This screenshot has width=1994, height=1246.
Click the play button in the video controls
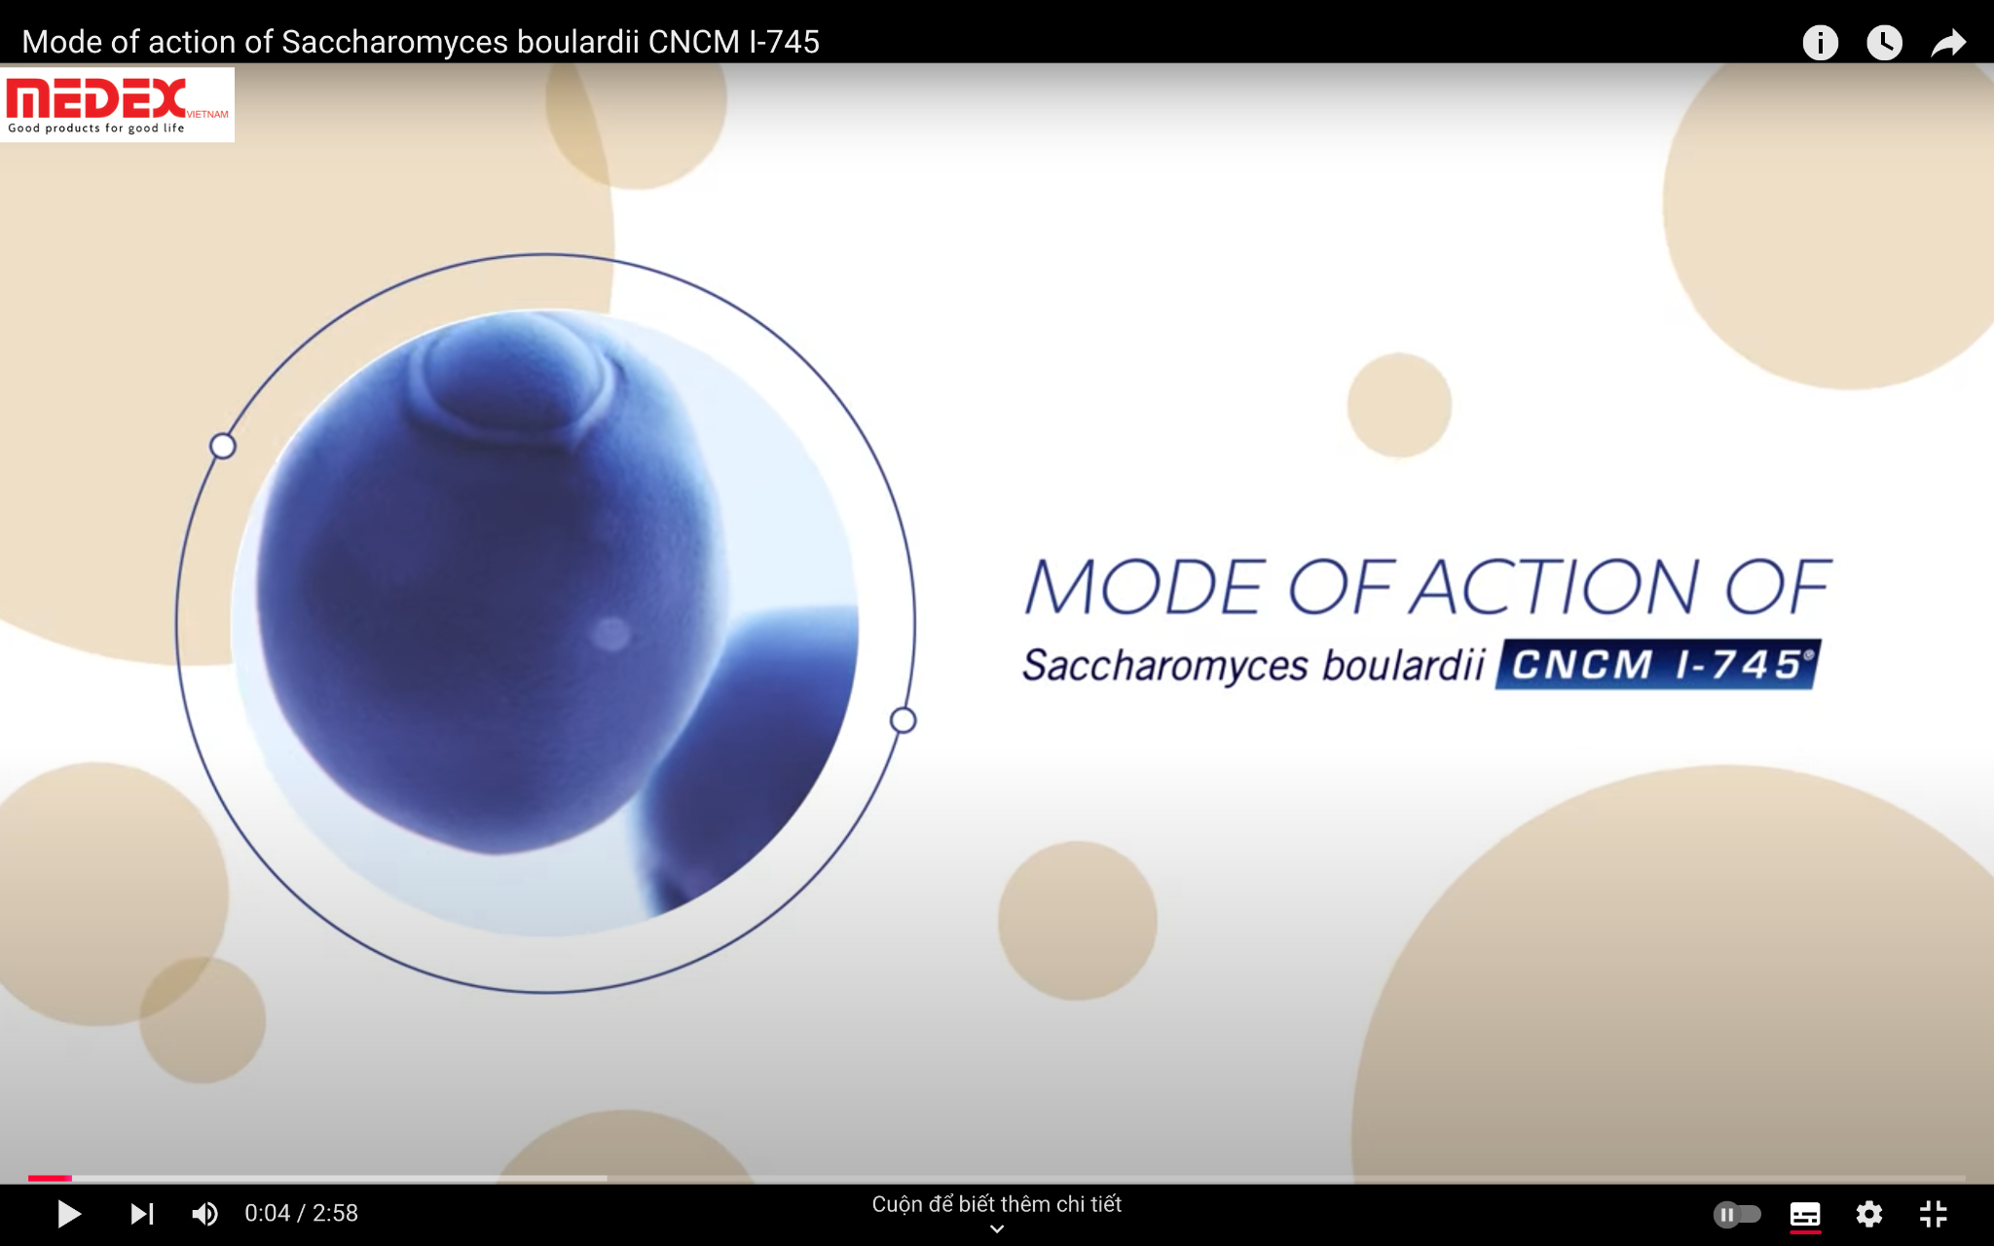click(x=68, y=1214)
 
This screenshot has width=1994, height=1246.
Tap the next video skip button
click(x=142, y=1214)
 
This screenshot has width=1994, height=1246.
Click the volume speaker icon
click(x=204, y=1214)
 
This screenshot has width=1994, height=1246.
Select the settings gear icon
click(x=1868, y=1214)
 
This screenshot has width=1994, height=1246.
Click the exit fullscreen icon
click(x=1933, y=1214)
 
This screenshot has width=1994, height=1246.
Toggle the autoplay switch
click(x=1737, y=1214)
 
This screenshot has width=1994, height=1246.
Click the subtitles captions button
click(x=1805, y=1215)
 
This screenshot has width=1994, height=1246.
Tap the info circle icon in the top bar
click(x=1820, y=42)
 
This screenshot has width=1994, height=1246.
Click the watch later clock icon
click(x=1884, y=42)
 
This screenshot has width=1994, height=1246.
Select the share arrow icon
click(x=1948, y=43)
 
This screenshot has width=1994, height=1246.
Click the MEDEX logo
click(x=117, y=105)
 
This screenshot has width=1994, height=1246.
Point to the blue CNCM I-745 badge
click(x=1658, y=665)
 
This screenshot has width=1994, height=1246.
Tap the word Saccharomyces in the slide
click(x=1165, y=666)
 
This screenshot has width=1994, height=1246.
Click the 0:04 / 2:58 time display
click(x=301, y=1213)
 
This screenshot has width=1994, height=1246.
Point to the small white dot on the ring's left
click(x=223, y=446)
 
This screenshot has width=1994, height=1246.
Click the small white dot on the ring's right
click(x=904, y=720)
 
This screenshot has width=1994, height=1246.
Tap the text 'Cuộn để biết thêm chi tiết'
click(x=996, y=1204)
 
